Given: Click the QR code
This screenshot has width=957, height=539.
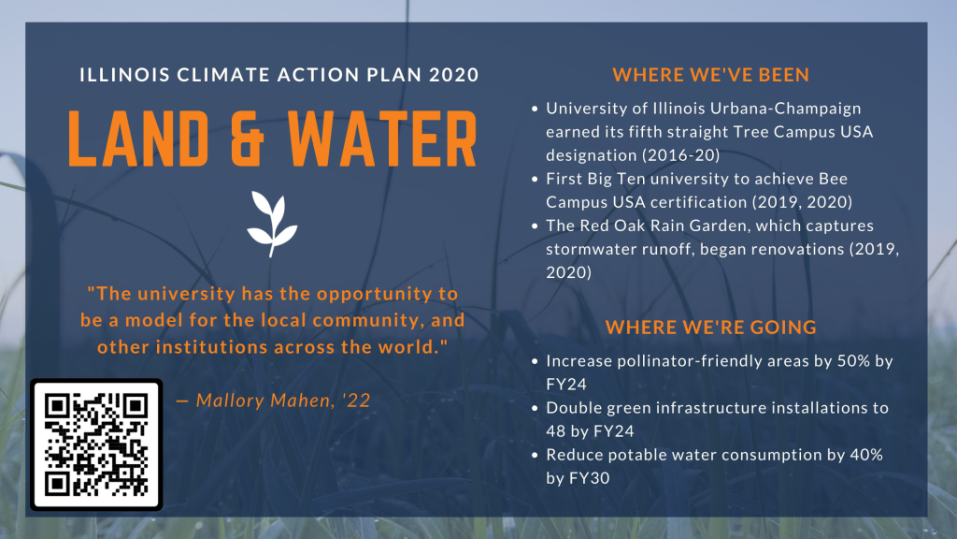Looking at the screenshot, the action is pos(96,444).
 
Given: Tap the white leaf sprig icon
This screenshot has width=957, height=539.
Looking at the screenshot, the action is pos(272,224).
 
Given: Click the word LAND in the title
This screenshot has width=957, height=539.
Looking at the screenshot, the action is pos(138,138).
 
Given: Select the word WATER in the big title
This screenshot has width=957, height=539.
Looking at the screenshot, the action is pos(382,138).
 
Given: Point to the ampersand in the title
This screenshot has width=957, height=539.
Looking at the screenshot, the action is pos(248,138).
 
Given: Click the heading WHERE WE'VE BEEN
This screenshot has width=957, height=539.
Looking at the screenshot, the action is pos(711,75).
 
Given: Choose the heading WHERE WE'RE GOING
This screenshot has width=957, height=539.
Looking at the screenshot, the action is pos(711,327).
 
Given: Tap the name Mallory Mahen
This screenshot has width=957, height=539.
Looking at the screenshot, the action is pos(264,401).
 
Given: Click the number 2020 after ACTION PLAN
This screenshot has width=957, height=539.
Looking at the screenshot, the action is pos(453,75).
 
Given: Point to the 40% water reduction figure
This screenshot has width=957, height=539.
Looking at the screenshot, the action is pos(866,455).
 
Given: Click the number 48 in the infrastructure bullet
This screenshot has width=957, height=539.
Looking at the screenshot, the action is pos(556,430).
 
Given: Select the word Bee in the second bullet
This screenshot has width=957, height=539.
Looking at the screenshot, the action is pos(833,179).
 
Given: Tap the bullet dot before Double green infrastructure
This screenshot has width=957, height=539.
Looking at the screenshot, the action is pos(535,408).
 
